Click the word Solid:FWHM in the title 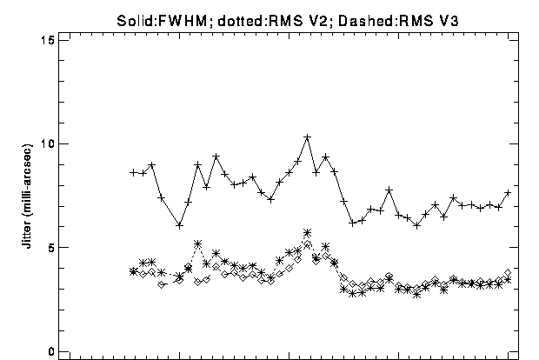162,22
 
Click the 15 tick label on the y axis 48,41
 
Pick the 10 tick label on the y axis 48,143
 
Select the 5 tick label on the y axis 51,247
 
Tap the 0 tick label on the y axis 51,351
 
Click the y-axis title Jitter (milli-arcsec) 27,196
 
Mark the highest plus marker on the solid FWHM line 307,137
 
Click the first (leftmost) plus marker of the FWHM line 134,172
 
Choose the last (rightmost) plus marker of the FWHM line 508,193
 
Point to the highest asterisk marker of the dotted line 307,233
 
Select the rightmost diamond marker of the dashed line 508,273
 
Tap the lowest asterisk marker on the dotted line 417,294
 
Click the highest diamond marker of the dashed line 307,244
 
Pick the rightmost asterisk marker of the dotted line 508,280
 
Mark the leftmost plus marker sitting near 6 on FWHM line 179,226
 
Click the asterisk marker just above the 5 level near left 197,244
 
